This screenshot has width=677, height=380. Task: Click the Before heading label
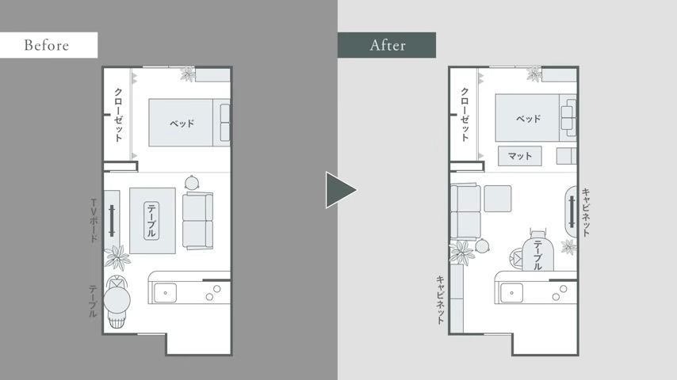coord(47,45)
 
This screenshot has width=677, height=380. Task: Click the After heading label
coord(388,45)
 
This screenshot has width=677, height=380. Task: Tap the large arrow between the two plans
coord(341,190)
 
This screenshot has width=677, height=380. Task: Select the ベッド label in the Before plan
coord(182,123)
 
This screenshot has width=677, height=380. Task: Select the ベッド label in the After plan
coord(529,119)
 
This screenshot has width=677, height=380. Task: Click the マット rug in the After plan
coord(520,156)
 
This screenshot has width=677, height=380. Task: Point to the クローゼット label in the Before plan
coord(118,115)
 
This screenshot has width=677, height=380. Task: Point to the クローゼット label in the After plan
coord(465,115)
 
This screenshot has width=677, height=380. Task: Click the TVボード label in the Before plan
coord(94,220)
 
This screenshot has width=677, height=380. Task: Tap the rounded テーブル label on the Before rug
coord(151,221)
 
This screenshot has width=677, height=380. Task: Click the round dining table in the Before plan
coord(117,301)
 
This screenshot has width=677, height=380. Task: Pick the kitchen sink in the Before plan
coord(166,293)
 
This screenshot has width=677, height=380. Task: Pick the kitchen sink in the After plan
coord(511,293)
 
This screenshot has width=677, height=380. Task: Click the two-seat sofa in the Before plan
coord(197,221)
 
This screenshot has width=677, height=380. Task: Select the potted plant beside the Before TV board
coord(117,257)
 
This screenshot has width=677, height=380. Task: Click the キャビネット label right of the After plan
coord(586,212)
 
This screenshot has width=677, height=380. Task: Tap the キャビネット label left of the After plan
coord(440,300)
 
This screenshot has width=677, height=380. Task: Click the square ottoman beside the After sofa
coord(497,199)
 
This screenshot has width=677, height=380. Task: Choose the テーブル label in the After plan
coord(538,256)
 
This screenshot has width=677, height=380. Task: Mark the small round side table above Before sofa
coord(191,183)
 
